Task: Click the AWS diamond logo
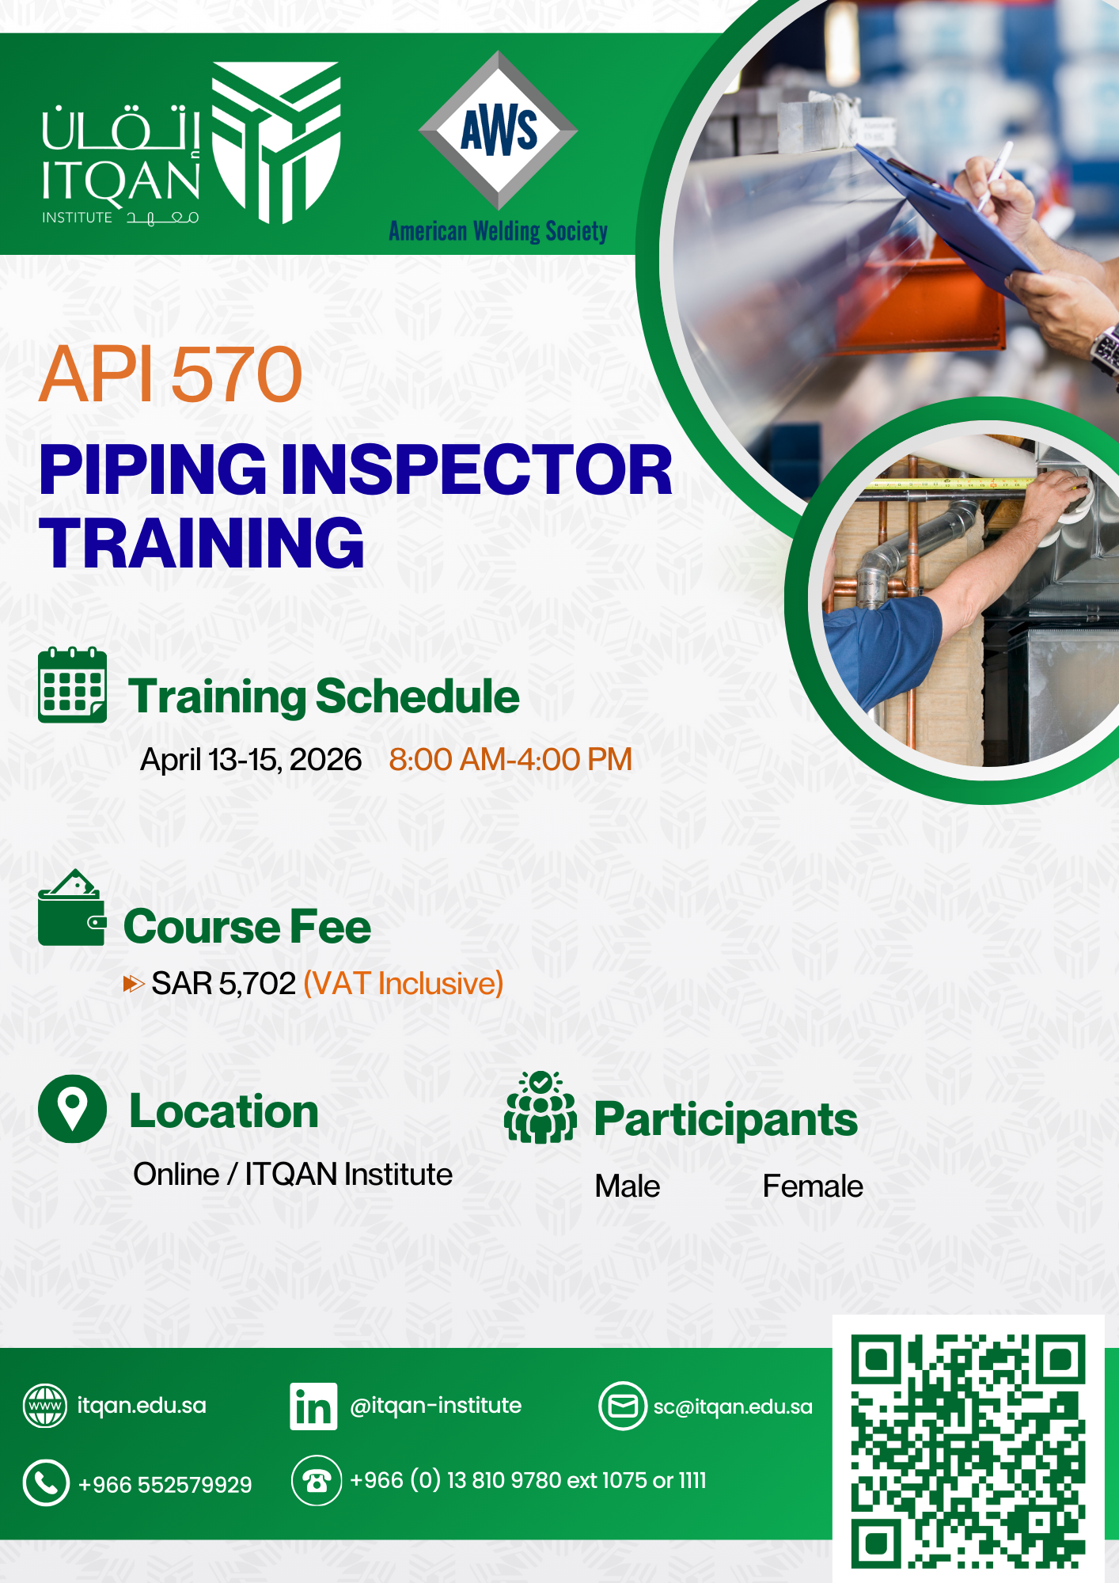pyautogui.click(x=498, y=131)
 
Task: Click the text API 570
pyautogui.click(x=171, y=374)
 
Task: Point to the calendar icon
pyautogui.click(x=72, y=685)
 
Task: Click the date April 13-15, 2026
pyautogui.click(x=251, y=760)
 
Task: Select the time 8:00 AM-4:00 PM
pyautogui.click(x=510, y=760)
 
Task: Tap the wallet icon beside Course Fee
pyautogui.click(x=72, y=908)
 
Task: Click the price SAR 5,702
pyautogui.click(x=223, y=984)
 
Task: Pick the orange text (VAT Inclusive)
pyautogui.click(x=404, y=984)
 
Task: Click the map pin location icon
pyautogui.click(x=72, y=1109)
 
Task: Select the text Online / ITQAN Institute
pyautogui.click(x=293, y=1175)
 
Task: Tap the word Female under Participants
pyautogui.click(x=813, y=1186)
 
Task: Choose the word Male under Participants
pyautogui.click(x=628, y=1186)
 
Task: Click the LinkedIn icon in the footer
pyautogui.click(x=313, y=1406)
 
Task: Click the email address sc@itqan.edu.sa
pyautogui.click(x=733, y=1406)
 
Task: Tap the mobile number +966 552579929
pyautogui.click(x=165, y=1485)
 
